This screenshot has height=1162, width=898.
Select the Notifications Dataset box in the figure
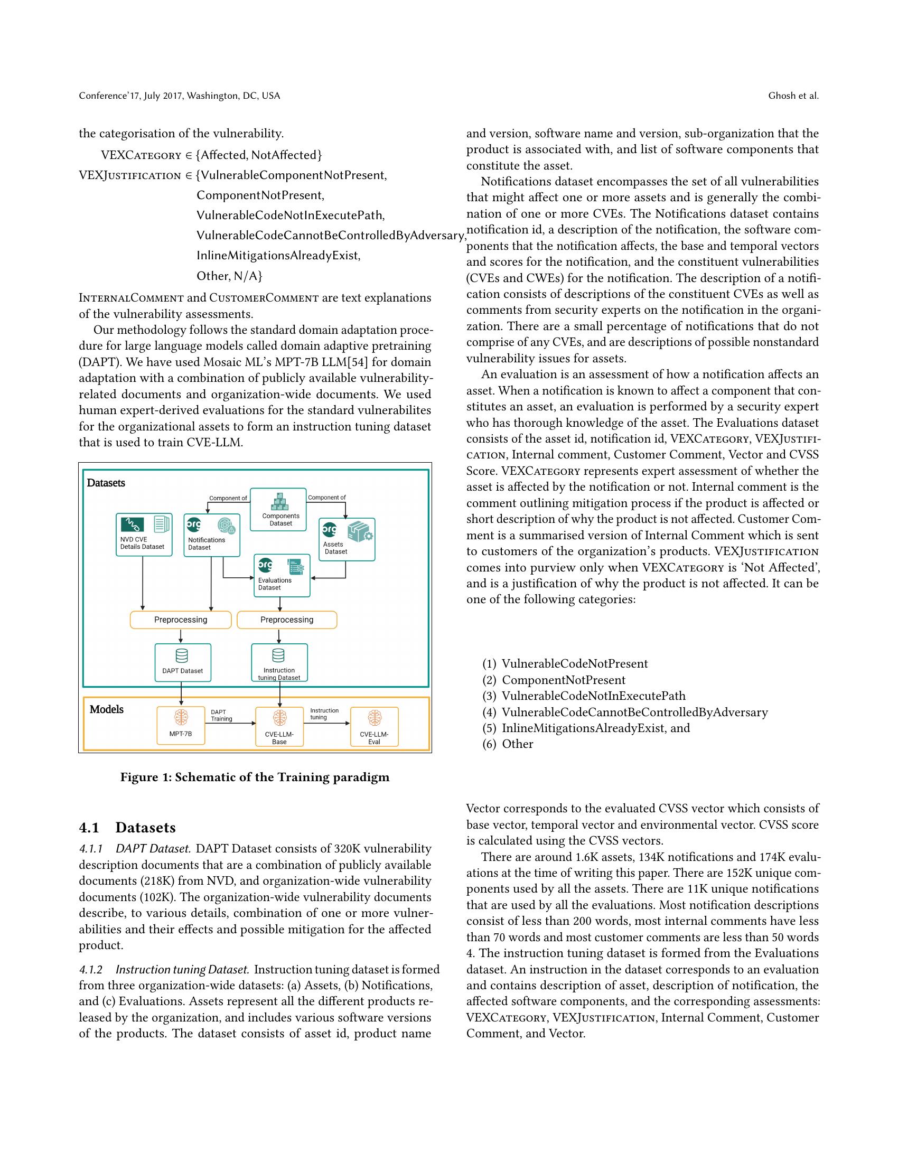click(x=212, y=535)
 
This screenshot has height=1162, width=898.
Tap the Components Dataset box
click(x=278, y=510)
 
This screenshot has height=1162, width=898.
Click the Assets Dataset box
click(x=347, y=539)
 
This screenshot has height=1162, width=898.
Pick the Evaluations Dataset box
click(x=282, y=575)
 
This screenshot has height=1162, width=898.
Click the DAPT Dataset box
click(x=182, y=662)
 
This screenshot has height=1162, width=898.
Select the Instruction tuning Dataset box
click(x=279, y=662)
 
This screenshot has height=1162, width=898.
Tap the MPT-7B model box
click(x=181, y=726)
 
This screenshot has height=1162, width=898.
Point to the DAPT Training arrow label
click(x=221, y=716)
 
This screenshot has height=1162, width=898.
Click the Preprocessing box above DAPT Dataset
click(x=180, y=620)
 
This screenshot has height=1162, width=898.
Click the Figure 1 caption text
click(x=254, y=777)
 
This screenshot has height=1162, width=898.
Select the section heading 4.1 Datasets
click(x=127, y=828)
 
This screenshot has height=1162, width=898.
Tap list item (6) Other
click(x=508, y=744)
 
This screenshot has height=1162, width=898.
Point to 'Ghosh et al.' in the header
click(x=793, y=96)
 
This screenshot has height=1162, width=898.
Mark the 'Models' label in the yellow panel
click(x=106, y=709)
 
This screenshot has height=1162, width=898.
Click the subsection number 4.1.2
click(x=91, y=969)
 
